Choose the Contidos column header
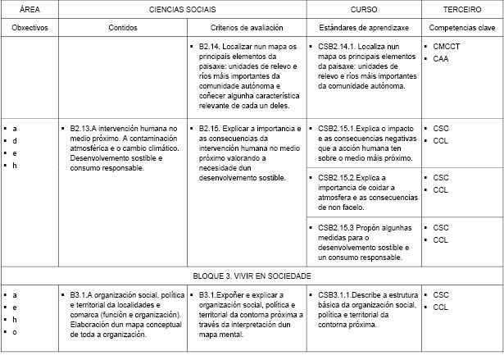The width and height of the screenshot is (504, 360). tap(123, 28)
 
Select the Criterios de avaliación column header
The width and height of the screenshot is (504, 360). tap(246, 28)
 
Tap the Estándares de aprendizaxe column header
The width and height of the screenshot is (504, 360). tap(364, 28)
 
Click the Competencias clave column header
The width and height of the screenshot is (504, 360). tap(461, 28)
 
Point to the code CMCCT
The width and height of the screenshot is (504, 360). tap(447, 48)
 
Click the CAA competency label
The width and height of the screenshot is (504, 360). tap(441, 59)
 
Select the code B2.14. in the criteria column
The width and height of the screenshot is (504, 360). tap(212, 48)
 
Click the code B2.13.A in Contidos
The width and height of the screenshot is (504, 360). tap(84, 129)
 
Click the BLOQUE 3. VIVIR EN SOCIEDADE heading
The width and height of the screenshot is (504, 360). tap(252, 276)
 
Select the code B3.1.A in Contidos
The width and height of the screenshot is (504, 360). tap(79, 294)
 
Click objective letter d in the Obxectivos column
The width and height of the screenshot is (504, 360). tap(15, 141)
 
